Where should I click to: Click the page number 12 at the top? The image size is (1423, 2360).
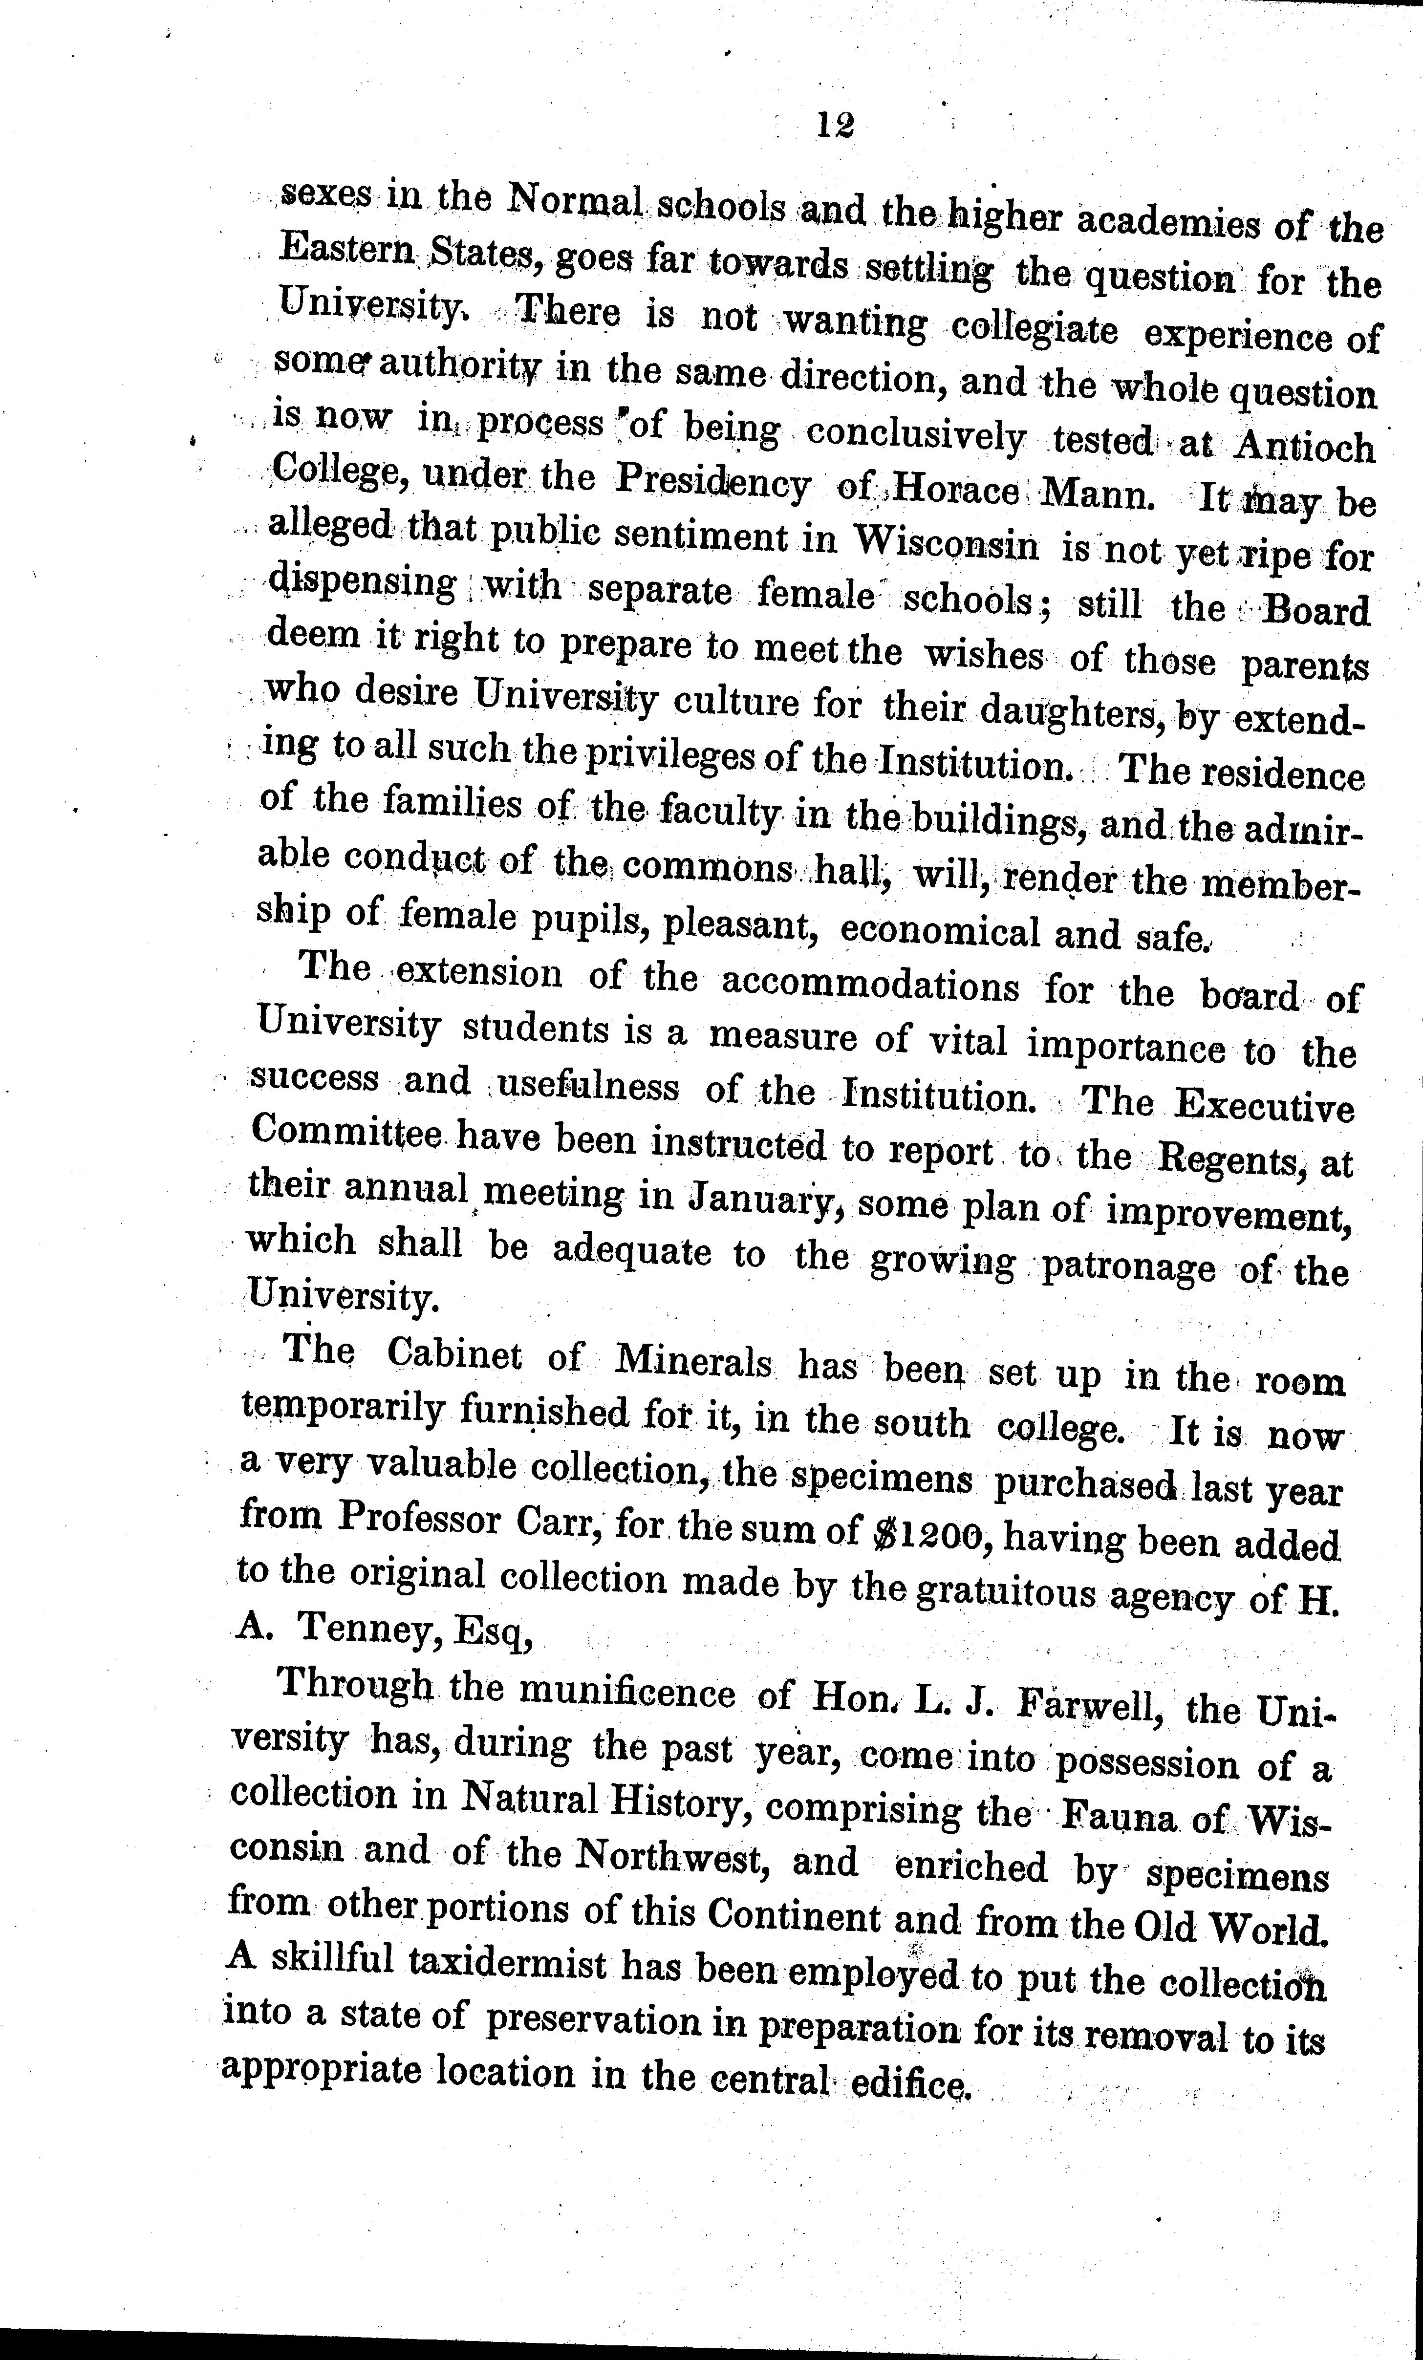(835, 126)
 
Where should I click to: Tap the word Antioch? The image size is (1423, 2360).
(1304, 446)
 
